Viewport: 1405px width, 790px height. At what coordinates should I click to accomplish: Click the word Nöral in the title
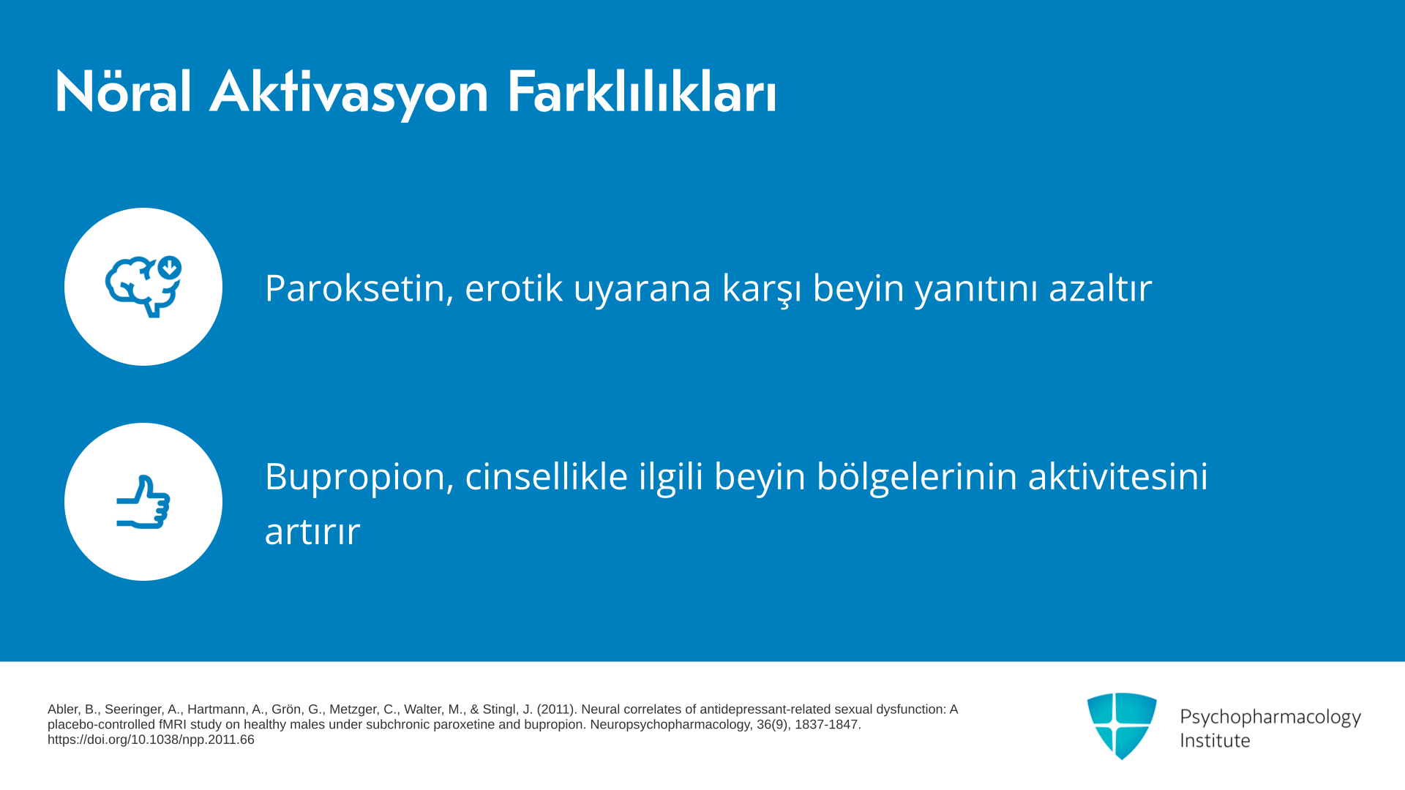pyautogui.click(x=123, y=92)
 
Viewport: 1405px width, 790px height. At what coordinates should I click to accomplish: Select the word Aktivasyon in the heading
pyautogui.click(x=349, y=94)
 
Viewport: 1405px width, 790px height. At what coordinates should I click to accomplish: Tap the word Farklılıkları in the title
pyautogui.click(x=642, y=92)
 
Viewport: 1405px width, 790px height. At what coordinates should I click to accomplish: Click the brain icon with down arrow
pyautogui.click(x=143, y=287)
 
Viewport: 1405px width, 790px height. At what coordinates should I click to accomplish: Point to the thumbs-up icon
pyautogui.click(x=143, y=502)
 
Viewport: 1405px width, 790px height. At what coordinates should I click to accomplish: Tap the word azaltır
pyautogui.click(x=1101, y=287)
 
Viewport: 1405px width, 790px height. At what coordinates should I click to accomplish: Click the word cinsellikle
pyautogui.click(x=547, y=476)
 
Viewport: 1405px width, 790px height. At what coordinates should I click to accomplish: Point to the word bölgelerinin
pyautogui.click(x=917, y=478)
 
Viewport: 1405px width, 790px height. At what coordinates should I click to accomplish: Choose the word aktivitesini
pyautogui.click(x=1118, y=476)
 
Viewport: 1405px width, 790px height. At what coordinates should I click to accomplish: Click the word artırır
pyautogui.click(x=312, y=531)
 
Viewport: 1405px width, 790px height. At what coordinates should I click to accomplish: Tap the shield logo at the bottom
pyautogui.click(x=1122, y=726)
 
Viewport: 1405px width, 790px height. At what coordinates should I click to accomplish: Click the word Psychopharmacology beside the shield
pyautogui.click(x=1270, y=718)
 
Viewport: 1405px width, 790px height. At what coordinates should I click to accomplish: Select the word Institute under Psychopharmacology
pyautogui.click(x=1215, y=740)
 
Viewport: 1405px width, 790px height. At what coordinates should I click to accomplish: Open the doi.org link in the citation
pyautogui.click(x=151, y=740)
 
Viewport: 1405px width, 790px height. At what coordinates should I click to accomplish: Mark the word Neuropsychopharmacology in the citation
pyautogui.click(x=670, y=725)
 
